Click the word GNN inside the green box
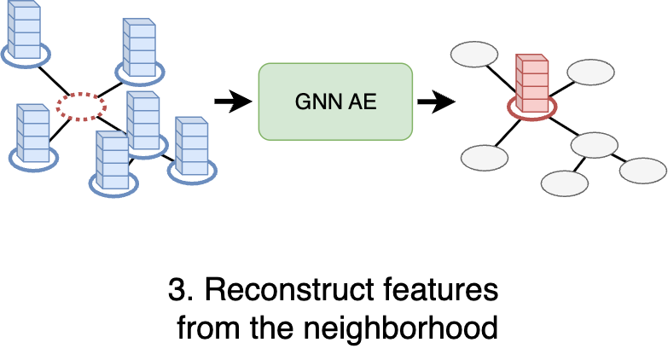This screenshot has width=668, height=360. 313,102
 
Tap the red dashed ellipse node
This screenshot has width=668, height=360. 81,106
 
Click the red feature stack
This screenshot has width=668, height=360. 531,84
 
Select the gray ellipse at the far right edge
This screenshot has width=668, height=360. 642,170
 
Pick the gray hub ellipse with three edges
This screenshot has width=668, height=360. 594,144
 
